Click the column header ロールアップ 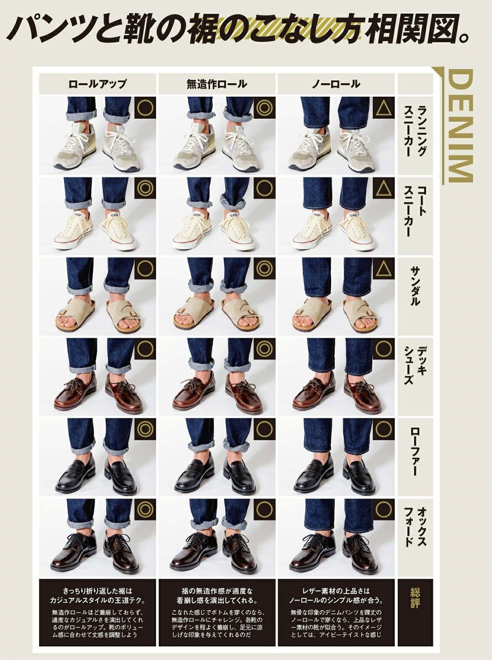97,84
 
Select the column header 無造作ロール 217,84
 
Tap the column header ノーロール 336,84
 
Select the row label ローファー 415,451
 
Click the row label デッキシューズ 415,365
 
